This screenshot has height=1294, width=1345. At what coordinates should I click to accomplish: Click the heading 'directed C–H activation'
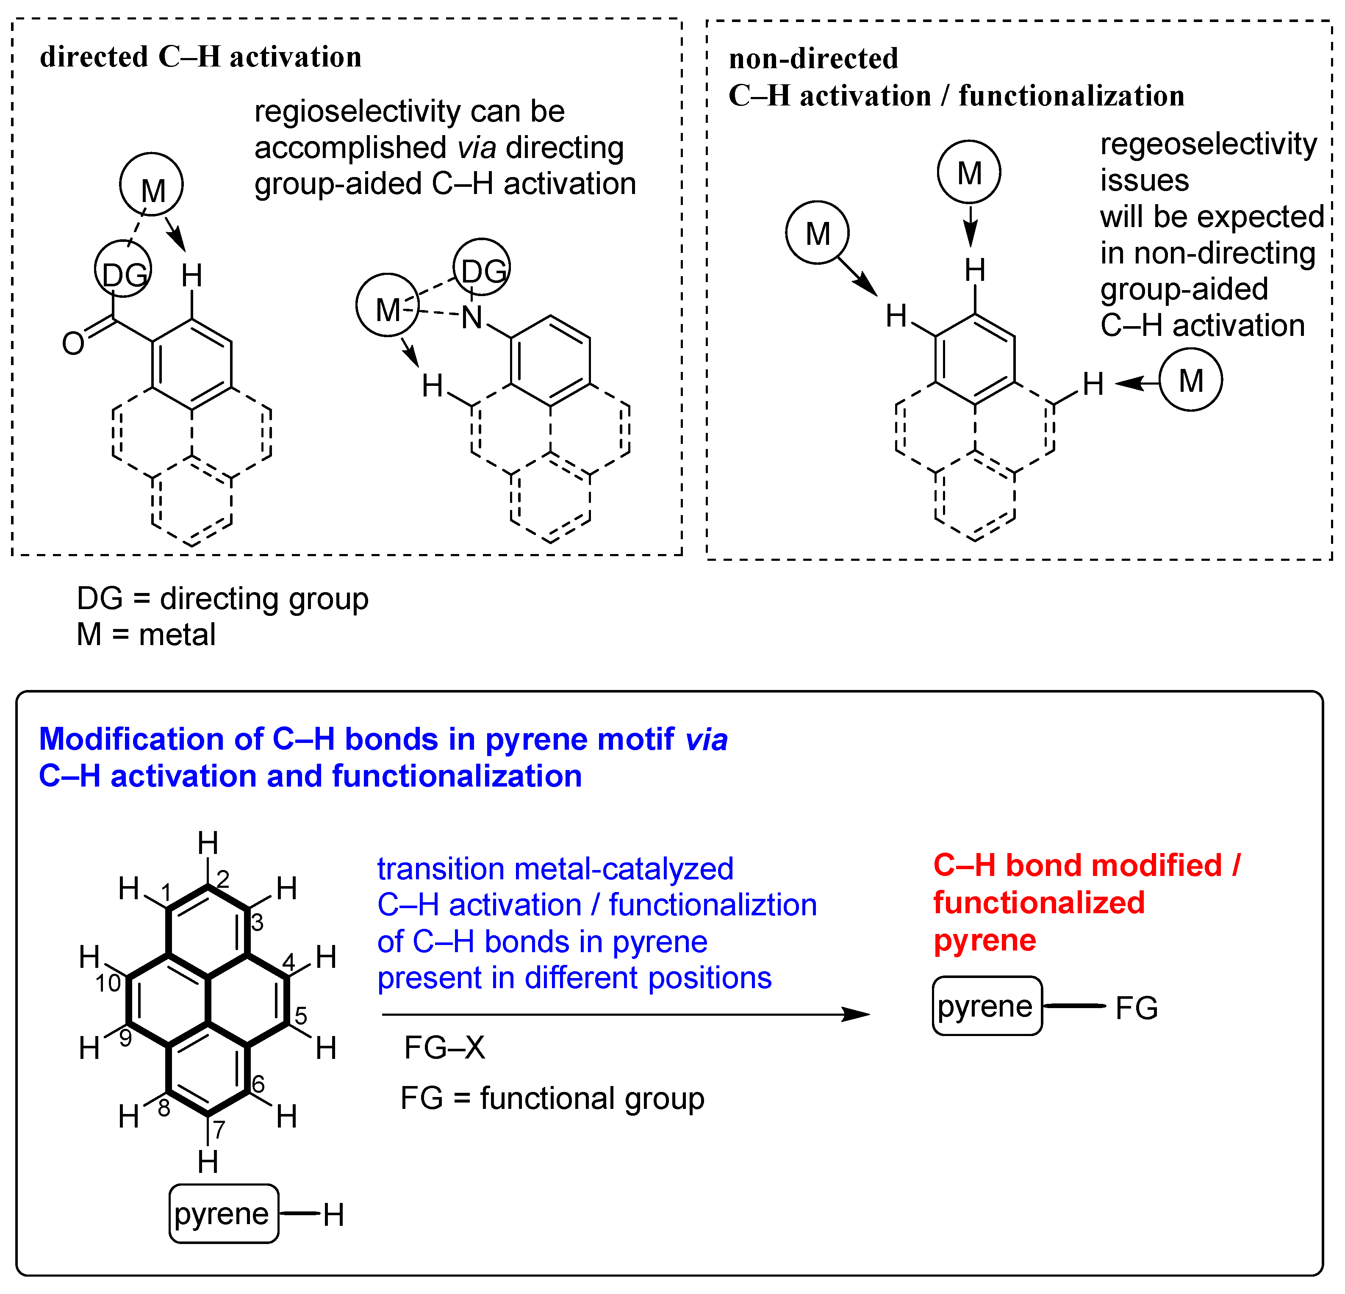(x=200, y=57)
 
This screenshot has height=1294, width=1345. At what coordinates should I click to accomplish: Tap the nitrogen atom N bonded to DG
(x=472, y=318)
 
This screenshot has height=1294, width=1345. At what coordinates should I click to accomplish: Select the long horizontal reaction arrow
(x=624, y=1014)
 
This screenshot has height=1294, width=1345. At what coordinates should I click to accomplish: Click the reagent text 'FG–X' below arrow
(x=445, y=1047)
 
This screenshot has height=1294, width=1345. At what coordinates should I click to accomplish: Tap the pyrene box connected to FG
(x=986, y=1006)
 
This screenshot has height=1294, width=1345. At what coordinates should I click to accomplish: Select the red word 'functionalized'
(x=1038, y=903)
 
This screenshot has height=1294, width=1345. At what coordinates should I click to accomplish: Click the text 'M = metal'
(x=146, y=635)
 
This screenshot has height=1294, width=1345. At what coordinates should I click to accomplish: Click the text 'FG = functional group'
(x=552, y=1098)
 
